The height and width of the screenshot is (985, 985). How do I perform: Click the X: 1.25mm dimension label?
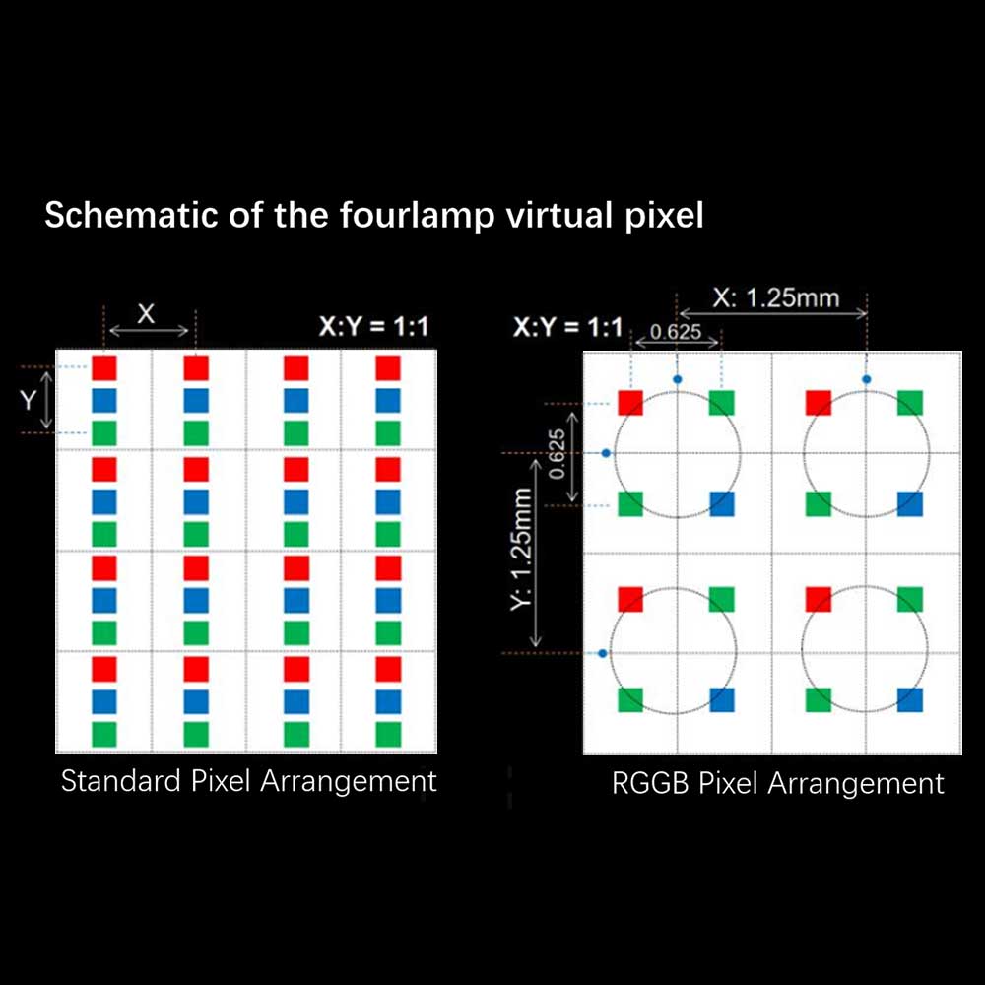coord(776,297)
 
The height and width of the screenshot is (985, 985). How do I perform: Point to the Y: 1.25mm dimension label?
coord(522,549)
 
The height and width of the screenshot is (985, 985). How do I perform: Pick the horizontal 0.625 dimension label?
coord(676,331)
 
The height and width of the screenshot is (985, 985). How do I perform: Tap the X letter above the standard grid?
coord(146,313)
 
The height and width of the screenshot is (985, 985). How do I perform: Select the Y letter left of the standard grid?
coord(28,400)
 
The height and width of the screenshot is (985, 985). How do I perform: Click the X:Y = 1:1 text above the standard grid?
coord(373,327)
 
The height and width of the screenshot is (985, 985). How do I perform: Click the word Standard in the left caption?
coord(120,781)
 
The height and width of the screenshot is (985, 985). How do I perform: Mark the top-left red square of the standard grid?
coord(104,368)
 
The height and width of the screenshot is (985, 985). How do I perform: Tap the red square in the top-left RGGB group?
coord(630,403)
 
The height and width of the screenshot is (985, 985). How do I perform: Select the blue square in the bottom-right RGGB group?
coord(910,700)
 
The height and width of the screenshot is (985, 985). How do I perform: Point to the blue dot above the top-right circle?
coord(867,379)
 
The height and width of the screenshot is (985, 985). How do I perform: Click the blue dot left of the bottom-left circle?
coord(603,653)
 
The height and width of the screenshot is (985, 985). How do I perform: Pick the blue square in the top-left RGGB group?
coord(722,504)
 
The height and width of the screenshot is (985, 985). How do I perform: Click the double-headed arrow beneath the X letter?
coord(149,331)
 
